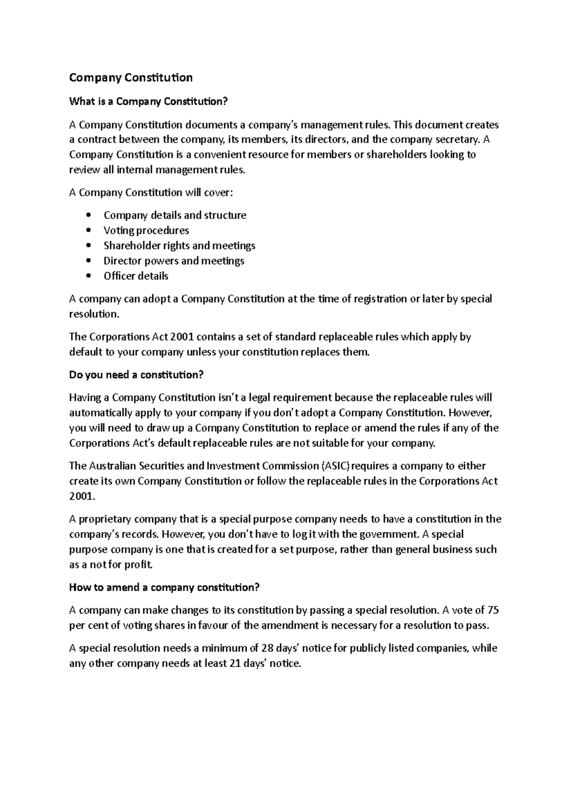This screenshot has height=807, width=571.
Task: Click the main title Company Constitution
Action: [x=131, y=77]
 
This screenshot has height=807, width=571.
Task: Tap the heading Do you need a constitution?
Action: [x=136, y=375]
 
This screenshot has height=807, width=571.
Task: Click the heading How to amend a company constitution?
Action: [x=164, y=587]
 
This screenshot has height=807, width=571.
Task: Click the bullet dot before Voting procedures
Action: [x=89, y=231]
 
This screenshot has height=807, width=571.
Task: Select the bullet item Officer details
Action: [x=136, y=276]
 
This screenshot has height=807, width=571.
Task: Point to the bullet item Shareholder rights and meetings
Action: [x=179, y=246]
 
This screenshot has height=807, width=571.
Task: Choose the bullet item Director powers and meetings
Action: [x=174, y=261]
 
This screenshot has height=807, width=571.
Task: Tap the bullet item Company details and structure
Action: [x=175, y=215]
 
